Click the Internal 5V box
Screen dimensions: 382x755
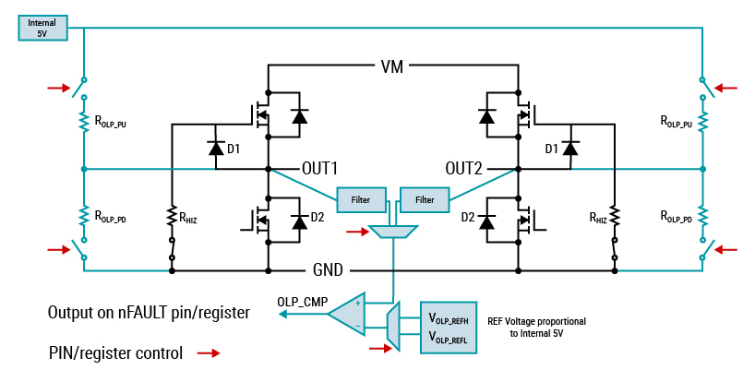click(x=43, y=27)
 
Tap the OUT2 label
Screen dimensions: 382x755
click(x=465, y=169)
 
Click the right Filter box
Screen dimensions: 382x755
click(x=425, y=198)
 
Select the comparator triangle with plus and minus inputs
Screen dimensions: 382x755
click(x=349, y=314)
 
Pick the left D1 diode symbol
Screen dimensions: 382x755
click(x=216, y=149)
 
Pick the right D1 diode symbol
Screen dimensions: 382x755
click(x=570, y=149)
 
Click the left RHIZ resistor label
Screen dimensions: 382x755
click(x=189, y=219)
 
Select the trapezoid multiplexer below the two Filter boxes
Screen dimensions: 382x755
click(x=392, y=231)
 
